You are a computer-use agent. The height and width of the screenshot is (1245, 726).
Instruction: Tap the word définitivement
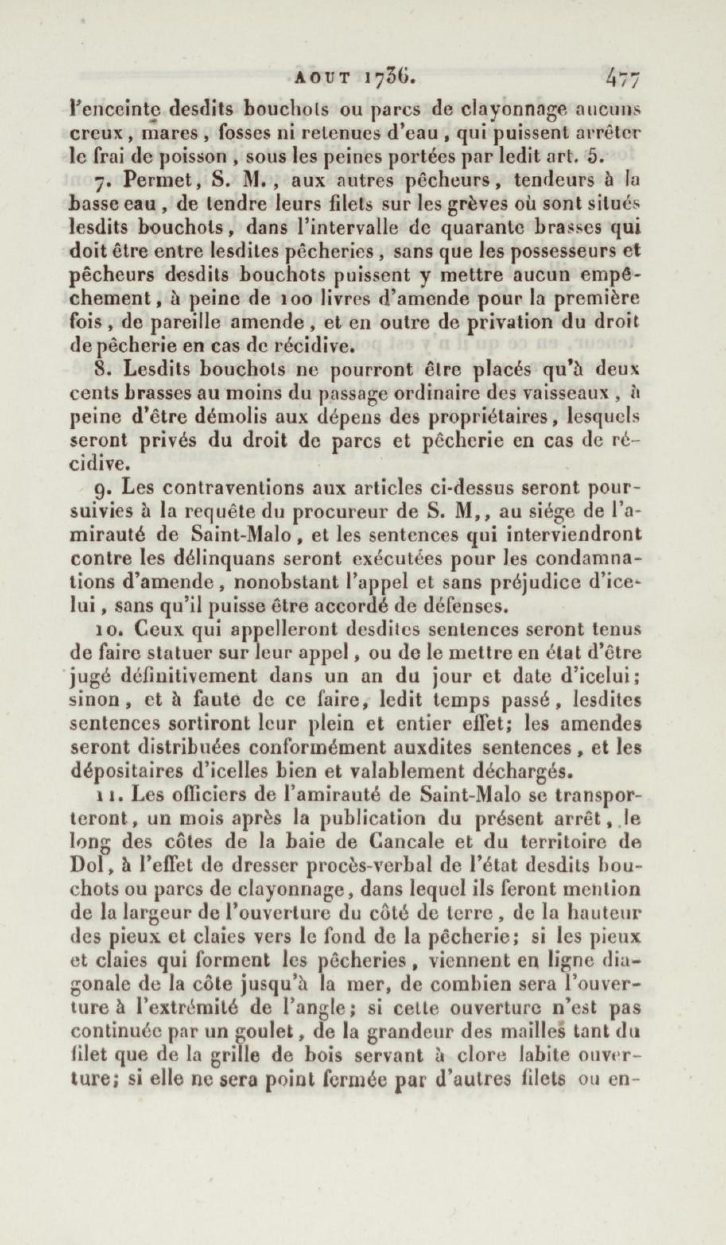[193, 677]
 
